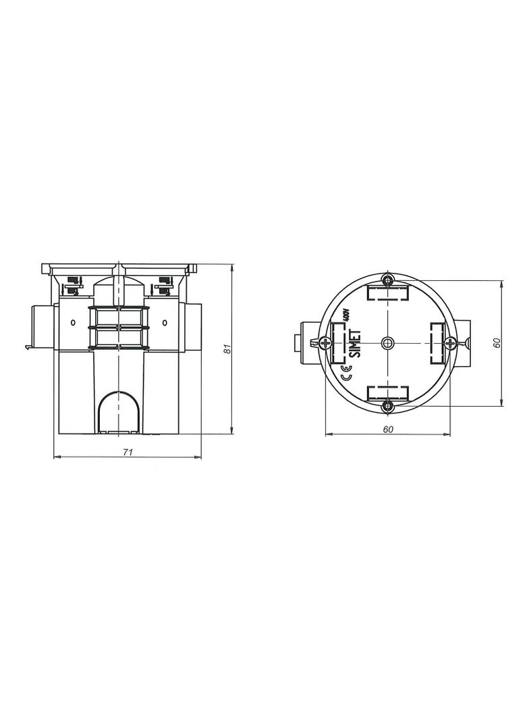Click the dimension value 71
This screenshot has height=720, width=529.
[x=128, y=452]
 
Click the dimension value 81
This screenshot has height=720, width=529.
[x=226, y=349]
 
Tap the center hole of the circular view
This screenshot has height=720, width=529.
[x=388, y=342]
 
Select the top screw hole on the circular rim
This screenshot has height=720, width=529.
[x=388, y=280]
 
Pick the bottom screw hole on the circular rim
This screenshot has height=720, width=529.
[x=388, y=405]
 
